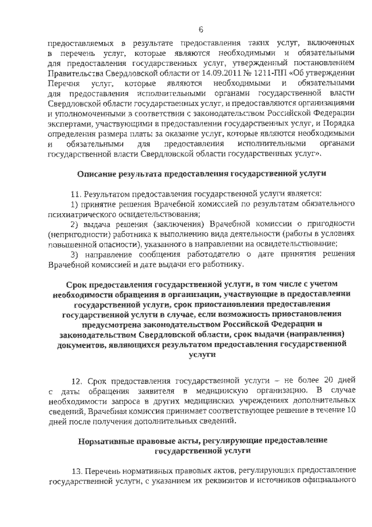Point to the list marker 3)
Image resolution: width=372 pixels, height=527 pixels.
(x=75, y=255)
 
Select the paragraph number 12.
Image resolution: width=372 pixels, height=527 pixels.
(x=76, y=380)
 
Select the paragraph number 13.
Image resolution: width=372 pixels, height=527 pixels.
(x=76, y=470)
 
